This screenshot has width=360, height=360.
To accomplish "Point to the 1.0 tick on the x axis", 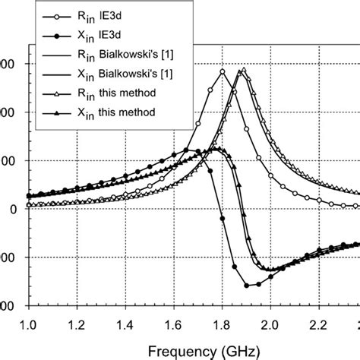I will pyautogui.click(x=28, y=321).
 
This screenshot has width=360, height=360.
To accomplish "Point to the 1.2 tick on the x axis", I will pyautogui.click(x=77, y=321).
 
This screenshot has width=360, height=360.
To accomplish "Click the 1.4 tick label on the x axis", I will pyautogui.click(x=125, y=321).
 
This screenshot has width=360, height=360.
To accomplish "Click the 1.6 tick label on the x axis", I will pyautogui.click(x=173, y=321).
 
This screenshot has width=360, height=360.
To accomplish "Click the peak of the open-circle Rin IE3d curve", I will pyautogui.click(x=223, y=71).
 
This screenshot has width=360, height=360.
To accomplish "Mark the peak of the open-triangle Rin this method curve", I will pyautogui.click(x=242, y=70).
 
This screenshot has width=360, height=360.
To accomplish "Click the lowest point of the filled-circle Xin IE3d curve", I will pyautogui.click(x=248, y=286).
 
